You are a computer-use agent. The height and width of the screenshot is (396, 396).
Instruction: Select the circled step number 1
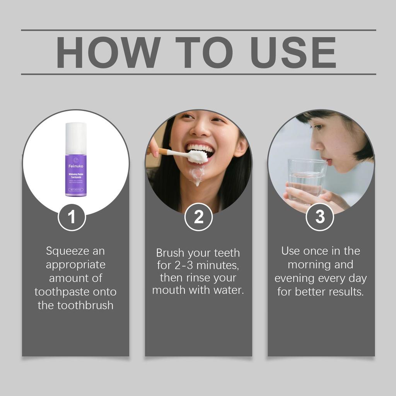pyautogui.click(x=72, y=217)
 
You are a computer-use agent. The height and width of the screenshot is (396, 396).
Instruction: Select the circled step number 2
pyautogui.click(x=198, y=217)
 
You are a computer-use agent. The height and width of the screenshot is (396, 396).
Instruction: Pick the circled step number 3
pyautogui.click(x=320, y=217)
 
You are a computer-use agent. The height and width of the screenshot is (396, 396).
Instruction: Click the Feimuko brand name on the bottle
pyautogui.click(x=76, y=166)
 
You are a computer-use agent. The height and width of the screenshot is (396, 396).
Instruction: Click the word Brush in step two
pyautogui.click(x=171, y=253)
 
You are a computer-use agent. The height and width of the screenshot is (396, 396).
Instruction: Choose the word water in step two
pyautogui.click(x=228, y=290)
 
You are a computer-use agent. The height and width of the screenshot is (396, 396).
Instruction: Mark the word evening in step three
pyautogui.click(x=295, y=278)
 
